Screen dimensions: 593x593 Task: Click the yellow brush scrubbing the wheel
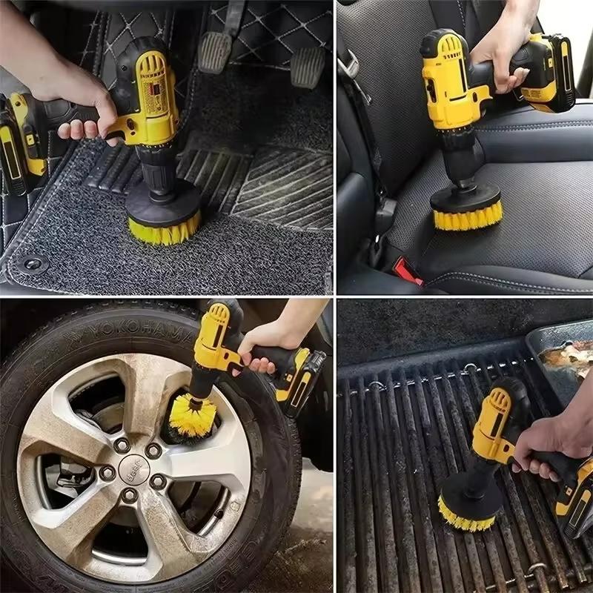coord(191,415)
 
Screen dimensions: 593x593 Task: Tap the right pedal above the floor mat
coord(307,67)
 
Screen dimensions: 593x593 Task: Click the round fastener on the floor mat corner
coord(30,263)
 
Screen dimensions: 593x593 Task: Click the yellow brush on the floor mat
coord(163,227)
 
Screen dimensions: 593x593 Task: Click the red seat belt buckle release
coord(407,271)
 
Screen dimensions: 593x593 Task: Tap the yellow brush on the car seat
coord(467,214)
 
